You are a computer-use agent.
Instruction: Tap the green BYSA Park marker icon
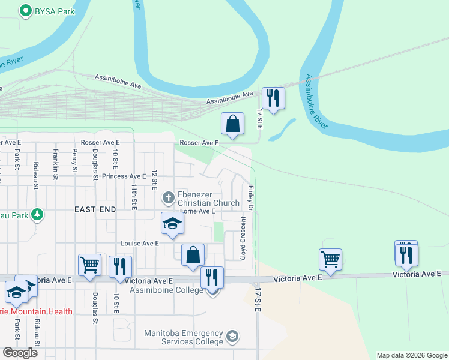(26, 10)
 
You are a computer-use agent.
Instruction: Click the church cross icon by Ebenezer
(169, 196)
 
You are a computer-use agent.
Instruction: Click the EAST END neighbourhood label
(95, 209)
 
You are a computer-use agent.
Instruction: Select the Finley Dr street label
(247, 197)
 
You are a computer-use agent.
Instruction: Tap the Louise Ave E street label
(140, 244)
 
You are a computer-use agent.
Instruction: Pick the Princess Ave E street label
(124, 176)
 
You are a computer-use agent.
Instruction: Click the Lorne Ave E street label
(197, 211)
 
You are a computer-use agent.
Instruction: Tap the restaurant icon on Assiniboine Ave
(273, 98)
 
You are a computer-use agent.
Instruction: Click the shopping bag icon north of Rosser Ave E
(232, 124)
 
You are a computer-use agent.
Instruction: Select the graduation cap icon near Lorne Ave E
(172, 224)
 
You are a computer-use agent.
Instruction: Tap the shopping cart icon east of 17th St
(330, 259)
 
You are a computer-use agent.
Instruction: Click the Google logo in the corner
(20, 352)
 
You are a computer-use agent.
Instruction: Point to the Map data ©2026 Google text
(411, 355)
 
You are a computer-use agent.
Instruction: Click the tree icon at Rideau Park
(37, 214)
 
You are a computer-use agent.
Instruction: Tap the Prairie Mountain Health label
(36, 311)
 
